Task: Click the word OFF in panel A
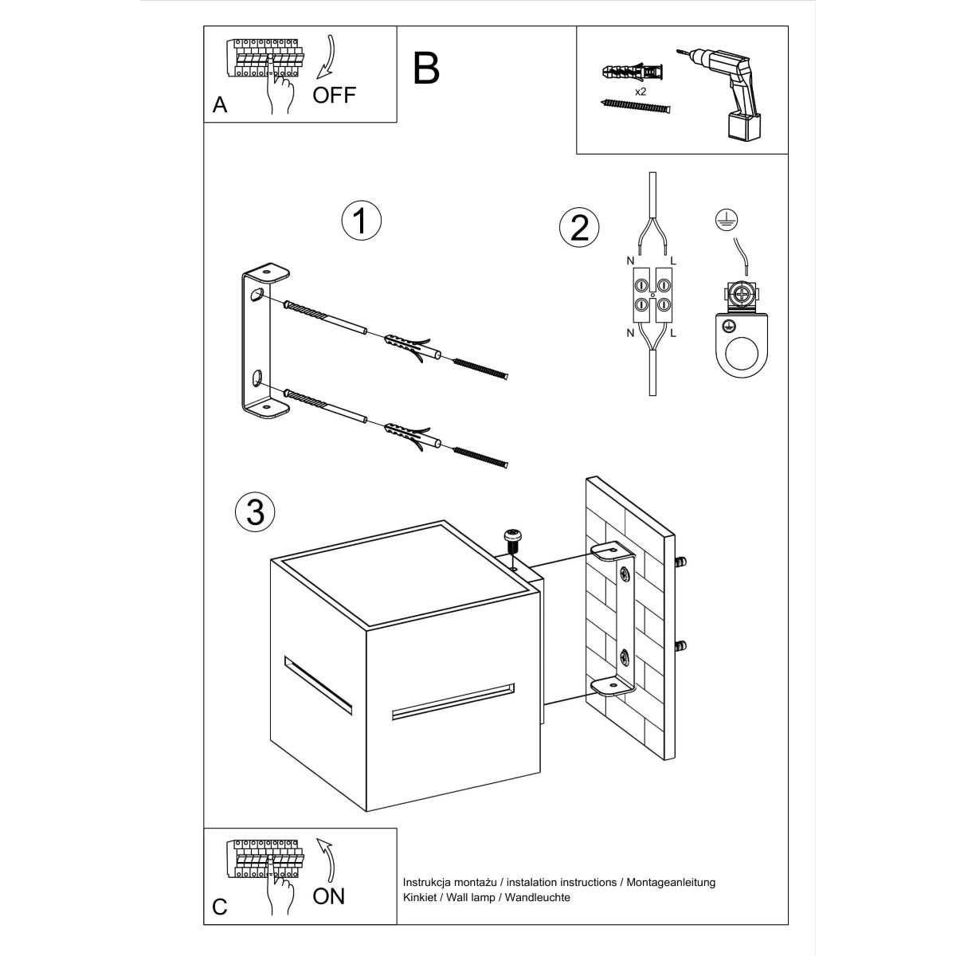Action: point(334,96)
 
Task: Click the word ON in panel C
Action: point(328,895)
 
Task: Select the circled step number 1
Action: point(360,220)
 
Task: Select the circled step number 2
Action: point(579,228)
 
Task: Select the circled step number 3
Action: point(255,511)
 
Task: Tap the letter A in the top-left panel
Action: point(220,105)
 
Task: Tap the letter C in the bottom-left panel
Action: point(220,907)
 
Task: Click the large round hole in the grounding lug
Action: point(742,356)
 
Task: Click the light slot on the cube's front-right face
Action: point(453,700)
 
